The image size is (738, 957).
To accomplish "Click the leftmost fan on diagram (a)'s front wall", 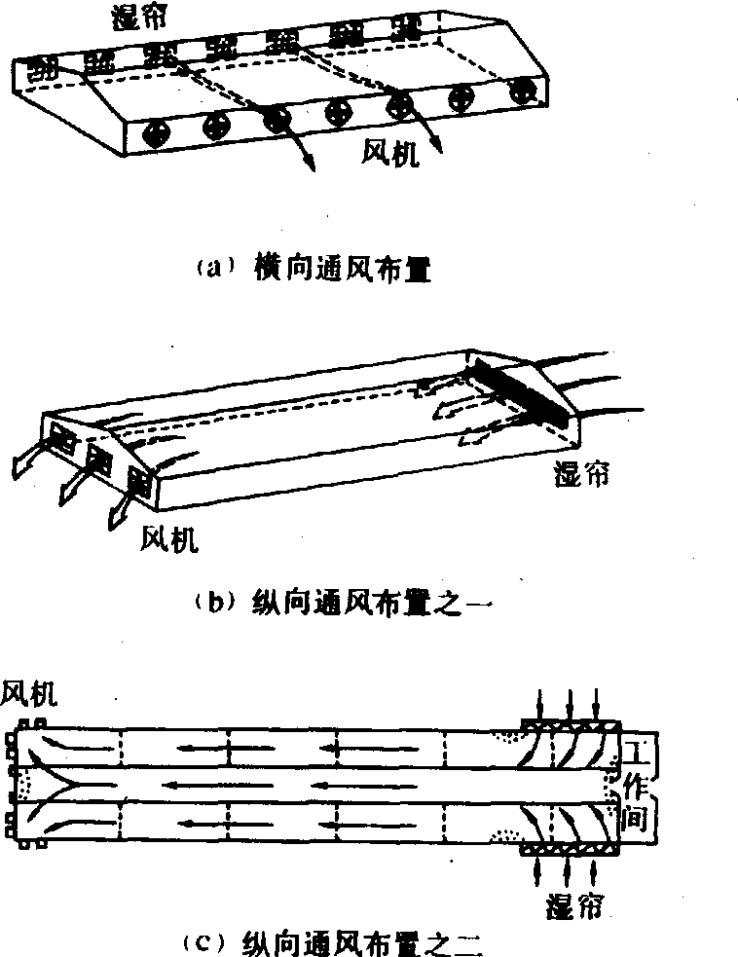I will coord(154,135).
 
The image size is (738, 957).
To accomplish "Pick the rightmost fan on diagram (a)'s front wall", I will coord(525,92).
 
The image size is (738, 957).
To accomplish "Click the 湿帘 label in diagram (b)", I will coord(582,476).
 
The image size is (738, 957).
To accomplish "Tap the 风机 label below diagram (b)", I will coord(169,537).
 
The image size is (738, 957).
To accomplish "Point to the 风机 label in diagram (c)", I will coord(30,693).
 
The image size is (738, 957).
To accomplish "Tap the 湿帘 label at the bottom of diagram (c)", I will coord(571,905).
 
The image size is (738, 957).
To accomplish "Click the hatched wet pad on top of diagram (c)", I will coord(571,726).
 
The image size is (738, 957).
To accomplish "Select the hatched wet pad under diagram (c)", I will coord(571,850).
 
